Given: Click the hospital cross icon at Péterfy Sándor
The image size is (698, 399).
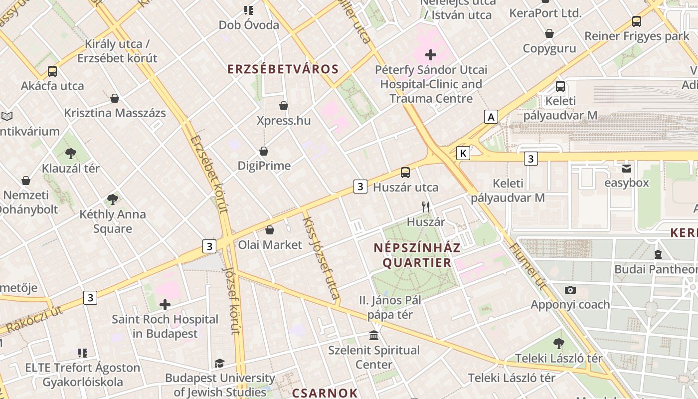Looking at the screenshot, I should [431, 55].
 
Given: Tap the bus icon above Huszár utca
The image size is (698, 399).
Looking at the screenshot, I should [405, 173].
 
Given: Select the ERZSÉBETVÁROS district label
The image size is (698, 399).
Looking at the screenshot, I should [283, 69].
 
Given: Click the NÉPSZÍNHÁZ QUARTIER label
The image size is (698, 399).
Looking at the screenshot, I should [417, 255].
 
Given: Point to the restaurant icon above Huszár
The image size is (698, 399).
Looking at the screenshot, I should [426, 206].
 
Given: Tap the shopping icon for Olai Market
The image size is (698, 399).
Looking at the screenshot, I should [270, 230].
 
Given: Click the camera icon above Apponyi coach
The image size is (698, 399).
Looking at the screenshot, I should [570, 290].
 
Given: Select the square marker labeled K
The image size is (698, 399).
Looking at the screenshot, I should [463, 153].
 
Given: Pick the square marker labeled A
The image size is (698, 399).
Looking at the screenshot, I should [491, 117].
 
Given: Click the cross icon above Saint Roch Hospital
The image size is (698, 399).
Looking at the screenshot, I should [165, 304].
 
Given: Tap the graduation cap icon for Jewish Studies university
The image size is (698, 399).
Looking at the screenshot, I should [219, 363].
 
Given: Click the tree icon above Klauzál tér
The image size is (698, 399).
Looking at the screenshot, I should [71, 153].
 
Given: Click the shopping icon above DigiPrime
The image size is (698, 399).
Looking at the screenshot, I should [264, 151].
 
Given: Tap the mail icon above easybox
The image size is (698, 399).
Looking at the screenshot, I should [627, 168].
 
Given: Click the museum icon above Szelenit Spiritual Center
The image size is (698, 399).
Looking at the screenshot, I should [374, 335].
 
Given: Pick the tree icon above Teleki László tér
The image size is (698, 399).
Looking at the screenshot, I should [558, 343].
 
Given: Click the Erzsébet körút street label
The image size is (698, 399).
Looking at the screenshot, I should [209, 174].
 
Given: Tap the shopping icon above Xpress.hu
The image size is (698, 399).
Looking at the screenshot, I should [284, 106].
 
